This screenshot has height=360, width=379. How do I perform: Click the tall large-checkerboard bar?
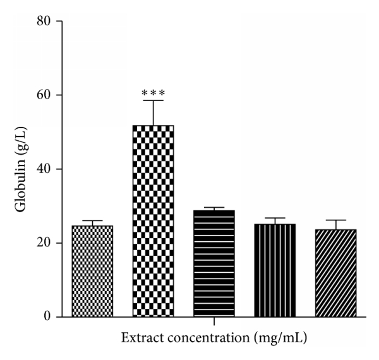click(x=153, y=221)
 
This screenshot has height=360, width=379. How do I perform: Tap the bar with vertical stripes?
click(x=275, y=270)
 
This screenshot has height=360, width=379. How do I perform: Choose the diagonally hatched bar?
click(x=335, y=273)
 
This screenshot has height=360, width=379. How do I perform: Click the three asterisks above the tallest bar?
click(x=153, y=93)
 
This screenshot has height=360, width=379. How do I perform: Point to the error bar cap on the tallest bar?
click(x=153, y=100)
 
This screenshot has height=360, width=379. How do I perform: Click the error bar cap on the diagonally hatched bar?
click(x=335, y=220)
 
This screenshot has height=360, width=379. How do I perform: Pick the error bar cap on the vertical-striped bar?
click(x=275, y=218)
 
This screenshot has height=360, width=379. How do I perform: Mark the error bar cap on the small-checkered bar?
click(x=92, y=220)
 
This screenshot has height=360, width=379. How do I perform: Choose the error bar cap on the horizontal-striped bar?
click(x=214, y=207)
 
